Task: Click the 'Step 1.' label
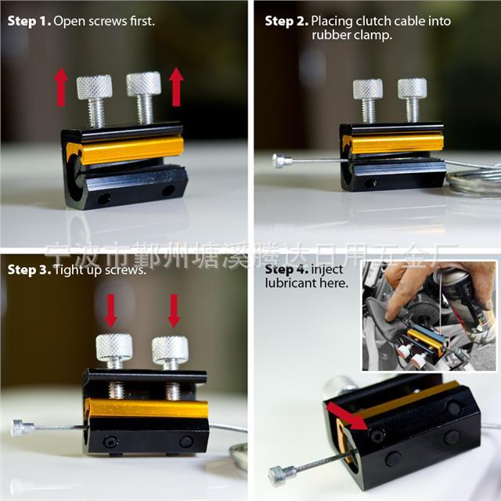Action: coord(29,21)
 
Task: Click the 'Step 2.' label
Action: coord(286,21)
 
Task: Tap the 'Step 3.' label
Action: coord(29,270)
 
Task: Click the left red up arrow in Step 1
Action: coord(60,86)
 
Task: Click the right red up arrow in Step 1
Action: coord(176,86)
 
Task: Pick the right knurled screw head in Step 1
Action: coord(143,83)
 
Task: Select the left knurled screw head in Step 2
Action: coord(367,88)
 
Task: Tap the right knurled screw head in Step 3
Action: coord(169,349)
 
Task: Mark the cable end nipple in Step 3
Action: coord(22,427)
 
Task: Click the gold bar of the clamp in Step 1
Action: coord(125,150)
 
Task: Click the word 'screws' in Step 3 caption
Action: coord(127,270)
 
